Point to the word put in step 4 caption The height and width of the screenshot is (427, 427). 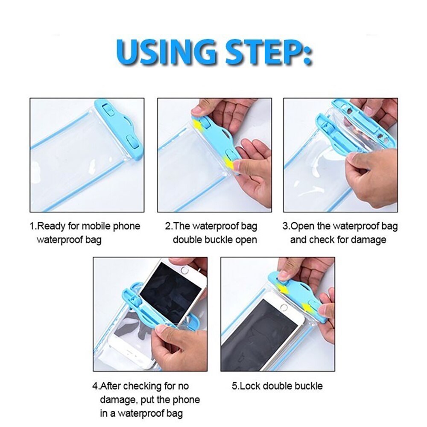point(151,400)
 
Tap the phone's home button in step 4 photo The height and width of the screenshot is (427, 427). point(184,270)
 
